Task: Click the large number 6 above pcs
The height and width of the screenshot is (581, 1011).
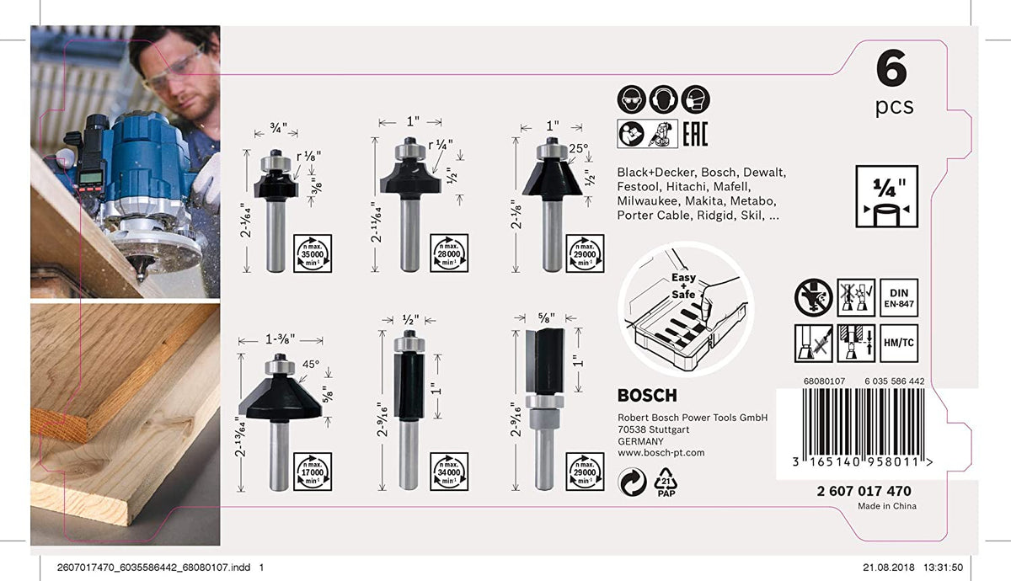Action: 891,70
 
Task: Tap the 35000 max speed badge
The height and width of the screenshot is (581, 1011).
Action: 312,253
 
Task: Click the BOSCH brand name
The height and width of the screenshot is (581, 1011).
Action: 646,396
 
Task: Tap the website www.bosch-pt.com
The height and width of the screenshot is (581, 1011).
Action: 661,453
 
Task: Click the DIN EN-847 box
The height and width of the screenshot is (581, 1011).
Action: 897,297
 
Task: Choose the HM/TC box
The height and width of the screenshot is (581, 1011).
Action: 897,343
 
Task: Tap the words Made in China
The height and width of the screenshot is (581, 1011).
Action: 886,506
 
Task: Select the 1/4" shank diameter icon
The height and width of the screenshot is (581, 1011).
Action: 886,196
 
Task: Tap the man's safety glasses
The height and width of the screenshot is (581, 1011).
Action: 173,67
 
